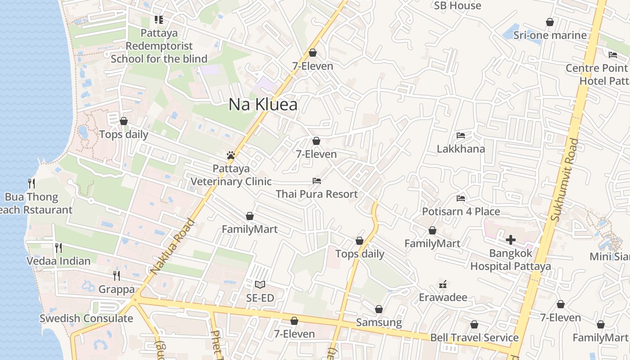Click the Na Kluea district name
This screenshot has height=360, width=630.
click(x=263, y=104)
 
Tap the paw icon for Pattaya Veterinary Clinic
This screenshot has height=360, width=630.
click(x=231, y=156)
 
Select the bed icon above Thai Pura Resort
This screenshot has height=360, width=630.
click(x=317, y=181)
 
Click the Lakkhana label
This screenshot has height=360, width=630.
click(x=461, y=149)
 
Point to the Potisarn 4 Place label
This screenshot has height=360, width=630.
click(x=461, y=211)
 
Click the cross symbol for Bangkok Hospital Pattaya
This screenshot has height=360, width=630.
click(x=511, y=240)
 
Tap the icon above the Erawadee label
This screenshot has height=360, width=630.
click(x=443, y=284)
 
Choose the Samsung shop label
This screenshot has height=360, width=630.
click(x=379, y=322)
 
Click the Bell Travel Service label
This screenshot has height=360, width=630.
click(x=474, y=337)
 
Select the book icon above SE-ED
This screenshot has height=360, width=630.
click(x=260, y=284)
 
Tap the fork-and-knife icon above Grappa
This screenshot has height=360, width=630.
click(x=117, y=275)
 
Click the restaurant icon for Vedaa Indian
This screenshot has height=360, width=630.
click(x=58, y=247)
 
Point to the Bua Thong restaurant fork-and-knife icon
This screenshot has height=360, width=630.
click(x=31, y=183)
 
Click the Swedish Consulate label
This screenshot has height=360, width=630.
click(x=86, y=319)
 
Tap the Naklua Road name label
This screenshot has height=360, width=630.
click(x=172, y=247)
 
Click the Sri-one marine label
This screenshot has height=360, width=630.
click(x=550, y=35)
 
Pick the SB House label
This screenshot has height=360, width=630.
click(x=457, y=6)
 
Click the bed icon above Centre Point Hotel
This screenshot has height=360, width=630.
click(x=613, y=55)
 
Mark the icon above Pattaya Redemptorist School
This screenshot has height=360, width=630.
click(x=158, y=20)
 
